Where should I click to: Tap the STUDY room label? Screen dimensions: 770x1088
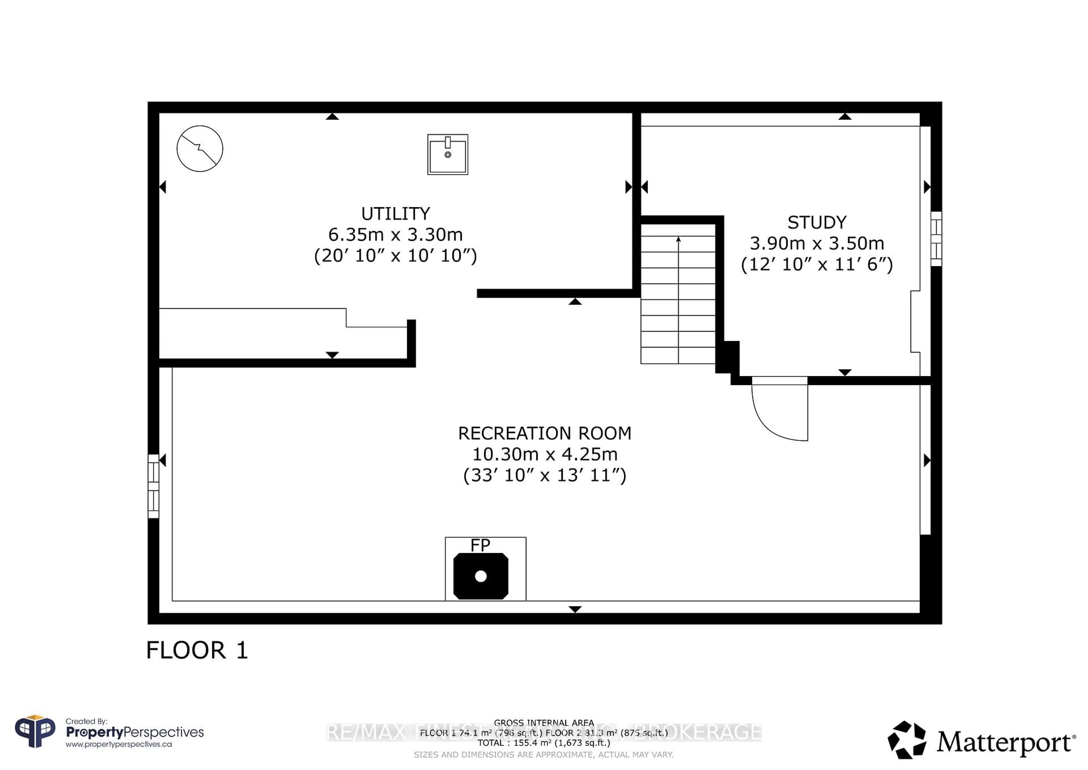[817, 222]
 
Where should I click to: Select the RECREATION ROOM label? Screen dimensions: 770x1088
[545, 433]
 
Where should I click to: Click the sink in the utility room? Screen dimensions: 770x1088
[447, 155]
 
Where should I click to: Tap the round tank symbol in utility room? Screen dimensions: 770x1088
[199, 148]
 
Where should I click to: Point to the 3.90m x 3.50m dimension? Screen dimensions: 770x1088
[817, 243]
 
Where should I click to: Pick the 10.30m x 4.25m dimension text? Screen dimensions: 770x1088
[545, 454]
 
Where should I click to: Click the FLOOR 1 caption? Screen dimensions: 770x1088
[197, 650]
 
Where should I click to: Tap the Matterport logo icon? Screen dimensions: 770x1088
[906, 740]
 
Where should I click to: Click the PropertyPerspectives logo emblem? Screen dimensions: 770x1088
[35, 732]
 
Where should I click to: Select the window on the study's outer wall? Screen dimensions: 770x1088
[936, 238]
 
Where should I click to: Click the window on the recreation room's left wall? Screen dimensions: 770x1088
[153, 486]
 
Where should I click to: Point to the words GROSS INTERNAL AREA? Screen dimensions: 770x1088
[543, 723]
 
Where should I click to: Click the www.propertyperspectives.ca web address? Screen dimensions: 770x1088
[118, 744]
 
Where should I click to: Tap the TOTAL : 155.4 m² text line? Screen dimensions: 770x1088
[543, 743]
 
